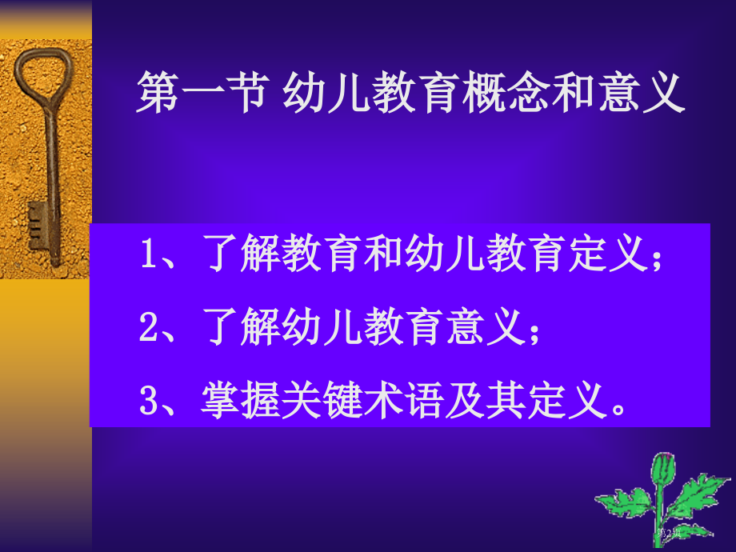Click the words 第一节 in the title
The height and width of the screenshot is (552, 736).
[199, 94]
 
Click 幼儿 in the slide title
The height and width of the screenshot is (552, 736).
[329, 94]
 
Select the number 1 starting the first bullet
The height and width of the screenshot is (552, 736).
[146, 257]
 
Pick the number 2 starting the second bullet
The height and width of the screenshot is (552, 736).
[146, 328]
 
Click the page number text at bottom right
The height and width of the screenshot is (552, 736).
[670, 533]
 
